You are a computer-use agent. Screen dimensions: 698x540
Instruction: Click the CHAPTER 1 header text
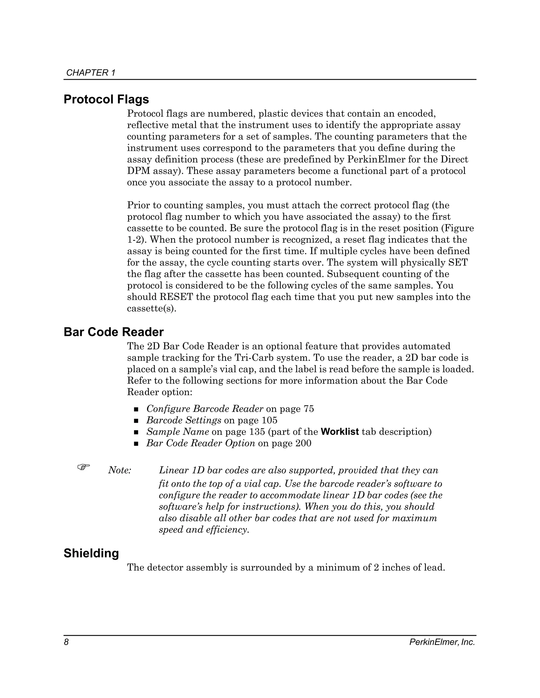coord(90,73)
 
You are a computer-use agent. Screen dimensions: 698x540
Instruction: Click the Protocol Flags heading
coord(106,99)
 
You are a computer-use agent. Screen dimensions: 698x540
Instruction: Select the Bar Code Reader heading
coord(114,332)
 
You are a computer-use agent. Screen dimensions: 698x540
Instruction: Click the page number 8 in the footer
coord(66,642)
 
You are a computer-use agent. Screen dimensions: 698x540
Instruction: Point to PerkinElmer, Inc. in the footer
coord(442,642)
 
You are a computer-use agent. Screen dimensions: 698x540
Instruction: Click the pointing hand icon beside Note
coord(84,467)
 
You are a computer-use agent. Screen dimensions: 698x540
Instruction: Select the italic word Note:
coord(120,470)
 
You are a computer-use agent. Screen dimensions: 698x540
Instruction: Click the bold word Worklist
coord(339,432)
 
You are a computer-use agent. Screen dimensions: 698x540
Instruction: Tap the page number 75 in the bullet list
coord(308,409)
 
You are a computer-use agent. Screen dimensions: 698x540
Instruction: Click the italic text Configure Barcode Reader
coord(205,409)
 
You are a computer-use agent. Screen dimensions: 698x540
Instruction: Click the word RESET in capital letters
coord(176,297)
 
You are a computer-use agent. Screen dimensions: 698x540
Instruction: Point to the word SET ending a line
coord(458,263)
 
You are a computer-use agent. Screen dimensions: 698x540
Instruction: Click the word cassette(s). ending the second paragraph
coord(152,309)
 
